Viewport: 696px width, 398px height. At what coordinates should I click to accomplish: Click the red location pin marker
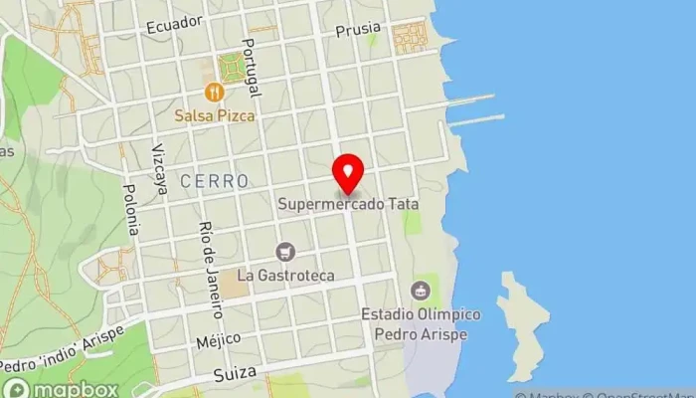348,173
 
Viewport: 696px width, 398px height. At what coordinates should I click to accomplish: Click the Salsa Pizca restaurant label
215,115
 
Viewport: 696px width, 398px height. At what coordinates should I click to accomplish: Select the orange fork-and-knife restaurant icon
214,93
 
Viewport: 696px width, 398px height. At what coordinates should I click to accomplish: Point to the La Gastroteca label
286,274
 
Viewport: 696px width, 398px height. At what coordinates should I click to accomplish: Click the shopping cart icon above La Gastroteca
286,251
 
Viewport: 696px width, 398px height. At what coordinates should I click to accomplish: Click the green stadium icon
421,292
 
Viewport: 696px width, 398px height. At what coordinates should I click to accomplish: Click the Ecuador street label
174,25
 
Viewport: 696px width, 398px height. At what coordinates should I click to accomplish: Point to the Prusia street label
358,31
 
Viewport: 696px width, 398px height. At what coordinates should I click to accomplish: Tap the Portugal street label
250,68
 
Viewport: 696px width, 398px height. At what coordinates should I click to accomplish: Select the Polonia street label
130,208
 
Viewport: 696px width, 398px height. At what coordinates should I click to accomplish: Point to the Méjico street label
218,340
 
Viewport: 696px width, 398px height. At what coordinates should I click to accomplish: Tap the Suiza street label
235,373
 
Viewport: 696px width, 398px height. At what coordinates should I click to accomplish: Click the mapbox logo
62,388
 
